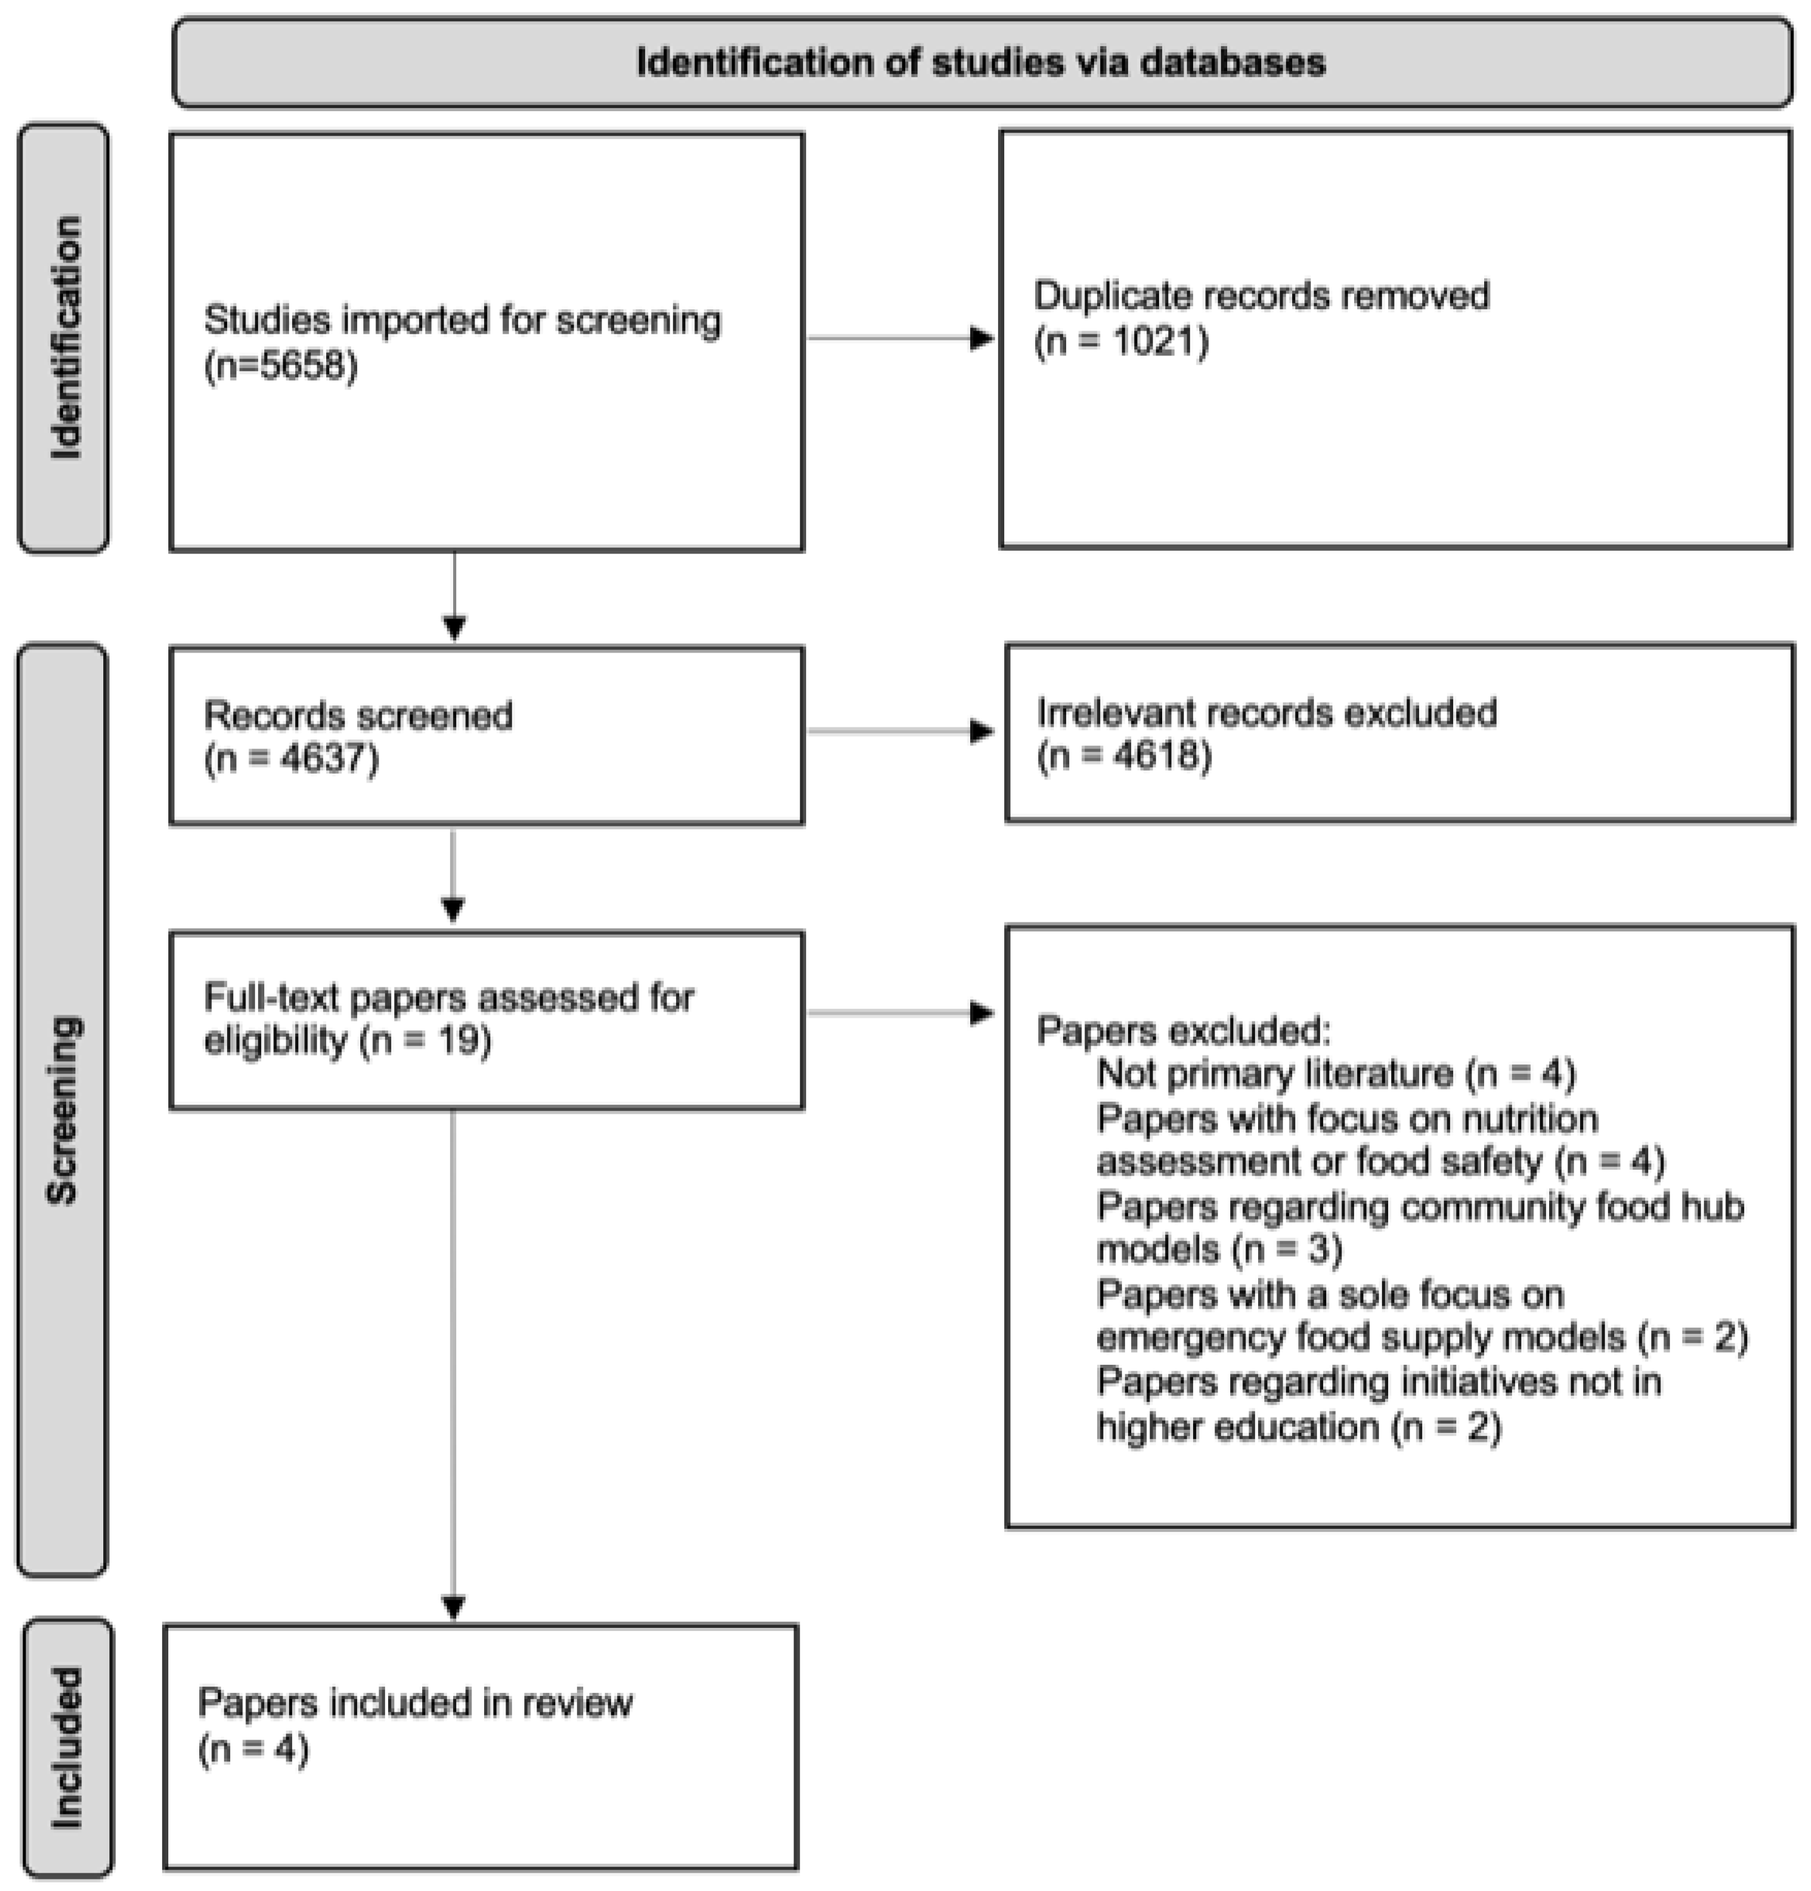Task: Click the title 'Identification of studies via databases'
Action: point(981,63)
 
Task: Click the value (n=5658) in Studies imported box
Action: point(281,366)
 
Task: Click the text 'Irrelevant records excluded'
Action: point(1266,713)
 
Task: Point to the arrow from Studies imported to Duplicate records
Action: point(899,338)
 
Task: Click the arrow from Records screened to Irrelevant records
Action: point(899,732)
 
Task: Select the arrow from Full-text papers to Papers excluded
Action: point(899,1013)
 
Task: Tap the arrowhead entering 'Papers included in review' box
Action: point(453,1607)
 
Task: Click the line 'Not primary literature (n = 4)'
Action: point(1335,1074)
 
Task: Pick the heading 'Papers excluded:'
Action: point(1183,1031)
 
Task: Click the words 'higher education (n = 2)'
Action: point(1299,1427)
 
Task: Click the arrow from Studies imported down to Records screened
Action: point(454,593)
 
